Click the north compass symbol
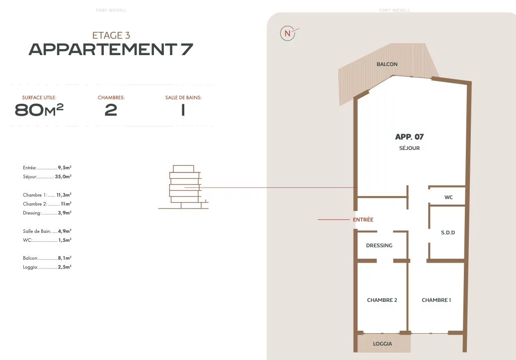click(288, 33)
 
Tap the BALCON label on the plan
click(387, 64)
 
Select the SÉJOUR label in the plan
click(409, 148)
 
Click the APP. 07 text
click(409, 137)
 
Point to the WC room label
click(448, 198)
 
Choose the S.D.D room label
click(448, 233)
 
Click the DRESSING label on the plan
click(379, 245)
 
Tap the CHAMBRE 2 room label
click(382, 300)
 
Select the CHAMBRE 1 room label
click(437, 300)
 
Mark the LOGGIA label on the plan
click(382, 344)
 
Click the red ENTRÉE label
click(363, 219)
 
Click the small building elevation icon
click(184, 187)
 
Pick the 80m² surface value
click(39, 110)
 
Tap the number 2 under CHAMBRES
click(111, 110)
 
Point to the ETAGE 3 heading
click(111, 35)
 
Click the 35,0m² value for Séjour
click(63, 177)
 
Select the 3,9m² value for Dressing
click(65, 213)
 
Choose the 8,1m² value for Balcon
click(65, 258)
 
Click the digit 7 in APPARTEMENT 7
click(187, 49)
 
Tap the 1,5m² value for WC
click(65, 240)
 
